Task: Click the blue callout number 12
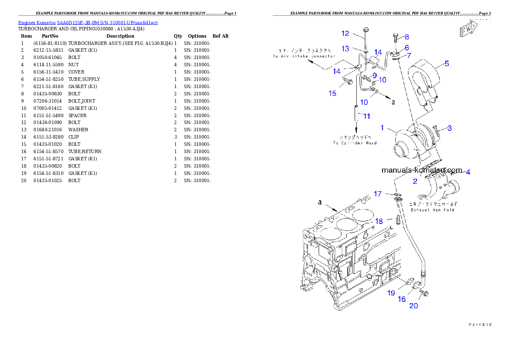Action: tap(345, 33)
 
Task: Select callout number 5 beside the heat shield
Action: tap(446, 64)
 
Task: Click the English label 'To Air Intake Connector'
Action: tap(304, 56)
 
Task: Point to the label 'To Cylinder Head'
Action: tap(355, 143)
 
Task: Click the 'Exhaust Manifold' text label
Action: tap(432, 210)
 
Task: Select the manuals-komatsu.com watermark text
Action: tap(421, 170)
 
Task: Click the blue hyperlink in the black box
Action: tap(88, 23)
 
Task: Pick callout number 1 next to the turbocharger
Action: tap(384, 127)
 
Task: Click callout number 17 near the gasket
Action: tap(377, 194)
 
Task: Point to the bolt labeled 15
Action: tap(347, 80)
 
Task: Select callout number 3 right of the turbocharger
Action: tap(449, 128)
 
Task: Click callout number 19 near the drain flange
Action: tap(391, 293)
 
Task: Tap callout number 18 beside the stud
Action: tap(379, 221)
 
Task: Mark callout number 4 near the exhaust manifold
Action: tap(468, 172)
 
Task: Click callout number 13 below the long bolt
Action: tap(345, 49)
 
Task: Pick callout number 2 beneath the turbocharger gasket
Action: tap(414, 181)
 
